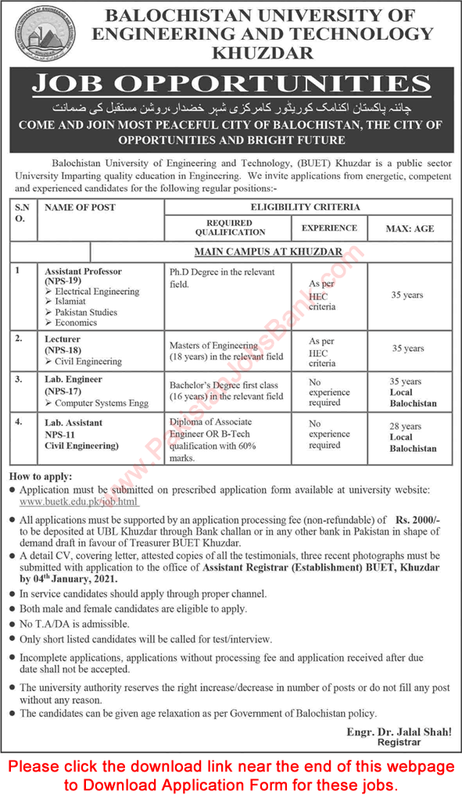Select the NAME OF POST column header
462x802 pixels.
(x=80, y=207)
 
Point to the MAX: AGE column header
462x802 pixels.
(x=410, y=228)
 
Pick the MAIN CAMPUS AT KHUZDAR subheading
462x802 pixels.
(x=270, y=252)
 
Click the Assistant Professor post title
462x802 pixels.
(x=83, y=271)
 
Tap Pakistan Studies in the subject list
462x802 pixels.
(x=86, y=312)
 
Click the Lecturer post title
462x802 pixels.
(x=62, y=339)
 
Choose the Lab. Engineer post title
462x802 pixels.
(x=73, y=378)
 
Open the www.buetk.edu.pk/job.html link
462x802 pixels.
(x=77, y=500)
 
